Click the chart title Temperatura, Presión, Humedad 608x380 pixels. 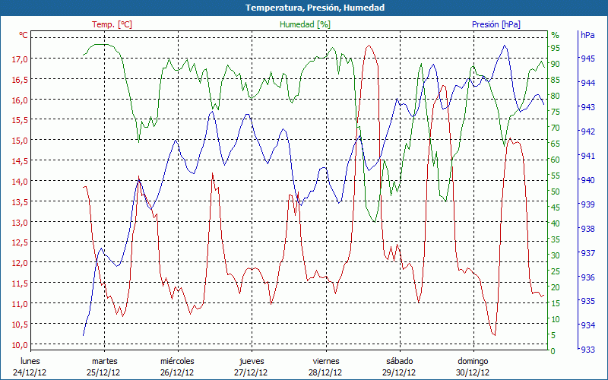click(x=304, y=8)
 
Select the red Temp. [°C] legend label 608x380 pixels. click(x=112, y=24)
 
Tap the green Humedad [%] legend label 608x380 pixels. click(x=305, y=24)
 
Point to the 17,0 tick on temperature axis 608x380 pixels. click(x=20, y=59)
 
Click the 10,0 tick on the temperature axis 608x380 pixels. click(x=20, y=344)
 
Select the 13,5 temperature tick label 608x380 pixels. click(x=20, y=201)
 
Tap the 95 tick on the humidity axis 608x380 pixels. click(x=556, y=47)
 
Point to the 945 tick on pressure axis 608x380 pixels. click(x=587, y=59)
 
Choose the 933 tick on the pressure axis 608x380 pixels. click(x=587, y=350)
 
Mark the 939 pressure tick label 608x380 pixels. click(x=587, y=204)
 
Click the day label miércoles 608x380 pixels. click(x=177, y=361)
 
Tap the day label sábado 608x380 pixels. click(x=399, y=361)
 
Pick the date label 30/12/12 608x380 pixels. click(x=472, y=372)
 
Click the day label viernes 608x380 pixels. click(x=326, y=361)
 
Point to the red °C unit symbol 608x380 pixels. click(x=24, y=35)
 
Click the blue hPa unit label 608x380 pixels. click(x=587, y=35)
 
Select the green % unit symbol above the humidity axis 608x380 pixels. click(x=555, y=35)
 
